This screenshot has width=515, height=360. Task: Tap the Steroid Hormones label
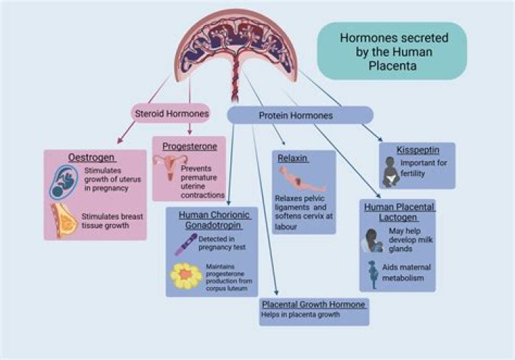click(171, 113)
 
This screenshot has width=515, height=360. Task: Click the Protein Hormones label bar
click(300, 115)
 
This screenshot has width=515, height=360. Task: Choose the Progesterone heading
click(188, 145)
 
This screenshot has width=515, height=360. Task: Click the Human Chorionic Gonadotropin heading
click(212, 219)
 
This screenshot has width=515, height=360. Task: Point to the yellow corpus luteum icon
click(186, 276)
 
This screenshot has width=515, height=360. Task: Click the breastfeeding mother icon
click(375, 243)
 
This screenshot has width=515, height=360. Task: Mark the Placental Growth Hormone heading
click(314, 304)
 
